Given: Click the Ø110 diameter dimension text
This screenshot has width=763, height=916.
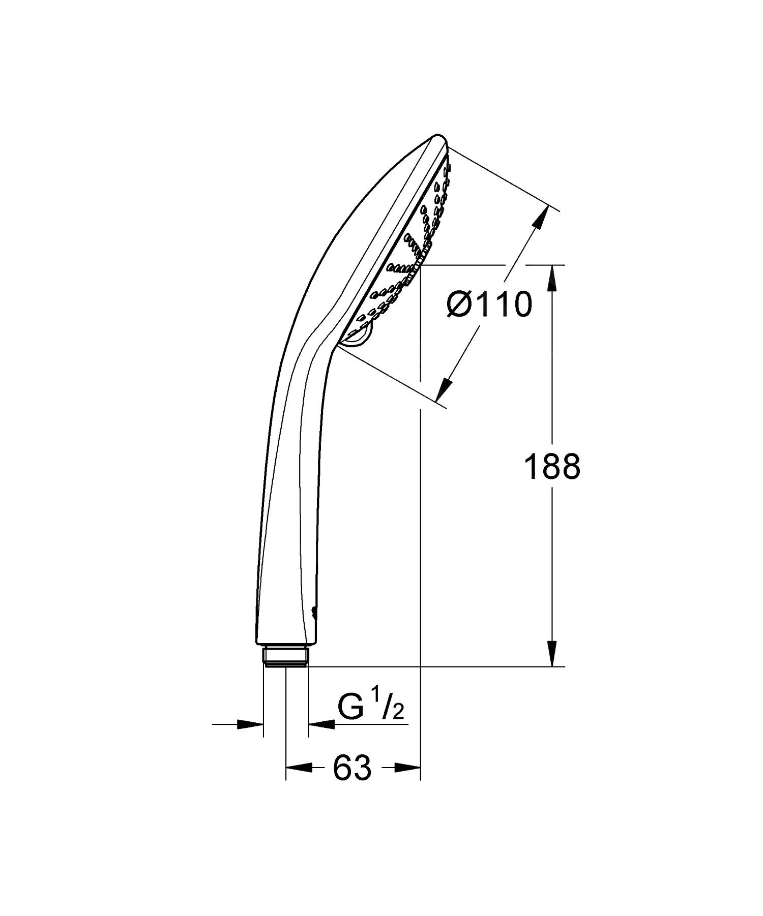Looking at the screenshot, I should (x=489, y=305).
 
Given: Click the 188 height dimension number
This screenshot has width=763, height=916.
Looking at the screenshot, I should (x=552, y=467).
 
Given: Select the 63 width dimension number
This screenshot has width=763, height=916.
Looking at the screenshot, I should (x=353, y=768).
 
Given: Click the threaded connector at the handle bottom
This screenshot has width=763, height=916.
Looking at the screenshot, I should (x=285, y=656).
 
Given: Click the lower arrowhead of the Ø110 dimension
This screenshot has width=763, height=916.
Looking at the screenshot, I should (x=445, y=390).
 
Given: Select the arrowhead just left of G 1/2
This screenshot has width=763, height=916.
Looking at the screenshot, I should (x=321, y=724).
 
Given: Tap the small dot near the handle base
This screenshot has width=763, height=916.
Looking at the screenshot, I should (x=313, y=613).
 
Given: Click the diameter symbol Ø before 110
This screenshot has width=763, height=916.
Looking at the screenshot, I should (x=458, y=305).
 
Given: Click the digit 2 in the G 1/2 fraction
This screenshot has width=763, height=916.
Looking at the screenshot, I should (x=398, y=713).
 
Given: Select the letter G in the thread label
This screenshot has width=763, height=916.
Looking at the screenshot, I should (x=350, y=708).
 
